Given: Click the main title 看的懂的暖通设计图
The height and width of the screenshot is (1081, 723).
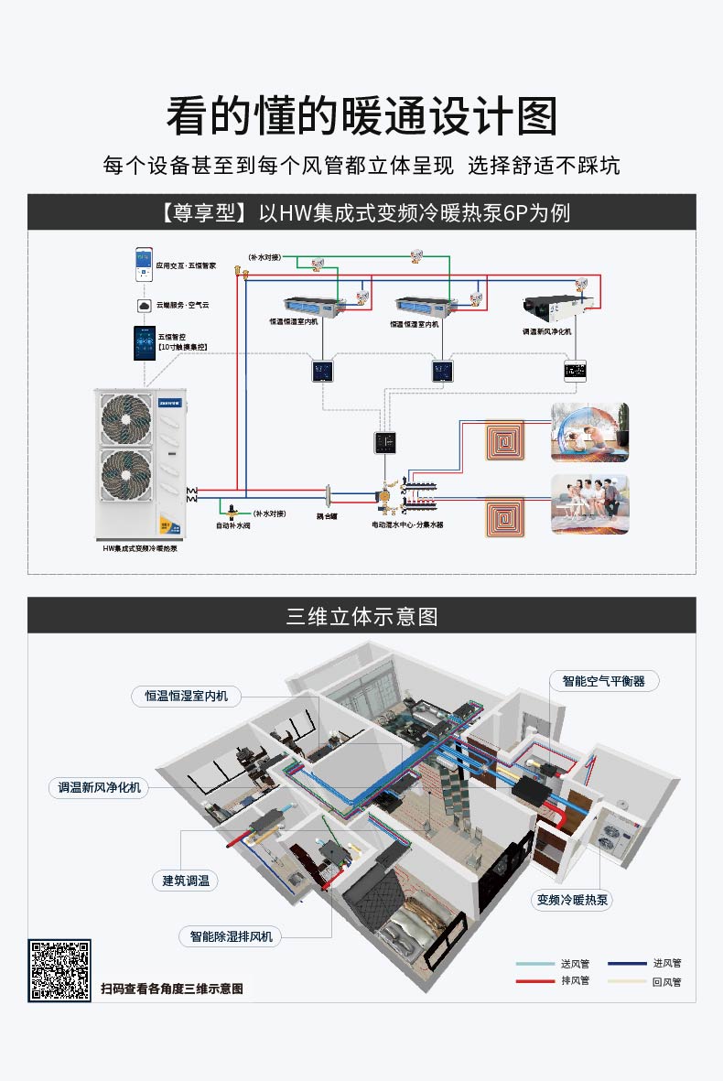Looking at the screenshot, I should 361,116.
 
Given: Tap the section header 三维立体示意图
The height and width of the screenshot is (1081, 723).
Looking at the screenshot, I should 361,616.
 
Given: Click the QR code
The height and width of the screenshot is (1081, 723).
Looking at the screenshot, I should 59,969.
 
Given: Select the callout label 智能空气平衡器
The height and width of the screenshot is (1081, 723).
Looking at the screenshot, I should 603,681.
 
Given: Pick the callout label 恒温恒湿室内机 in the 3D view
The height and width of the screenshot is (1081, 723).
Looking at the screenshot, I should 186,696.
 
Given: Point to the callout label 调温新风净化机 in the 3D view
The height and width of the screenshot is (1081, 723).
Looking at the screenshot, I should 99,786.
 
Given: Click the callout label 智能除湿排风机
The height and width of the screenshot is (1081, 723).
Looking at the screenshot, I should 231,935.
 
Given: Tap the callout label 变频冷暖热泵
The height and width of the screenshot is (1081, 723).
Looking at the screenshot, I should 573,900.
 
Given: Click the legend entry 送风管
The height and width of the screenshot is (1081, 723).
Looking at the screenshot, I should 575,964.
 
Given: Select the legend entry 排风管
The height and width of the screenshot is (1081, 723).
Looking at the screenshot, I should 575,980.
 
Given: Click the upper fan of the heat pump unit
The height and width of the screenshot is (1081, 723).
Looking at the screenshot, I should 126,417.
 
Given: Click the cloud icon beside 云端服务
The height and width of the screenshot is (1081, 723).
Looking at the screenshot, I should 144,304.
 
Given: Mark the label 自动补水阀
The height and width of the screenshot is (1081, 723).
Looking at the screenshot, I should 232,525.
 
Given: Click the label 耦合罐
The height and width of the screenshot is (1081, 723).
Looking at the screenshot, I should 328,515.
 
